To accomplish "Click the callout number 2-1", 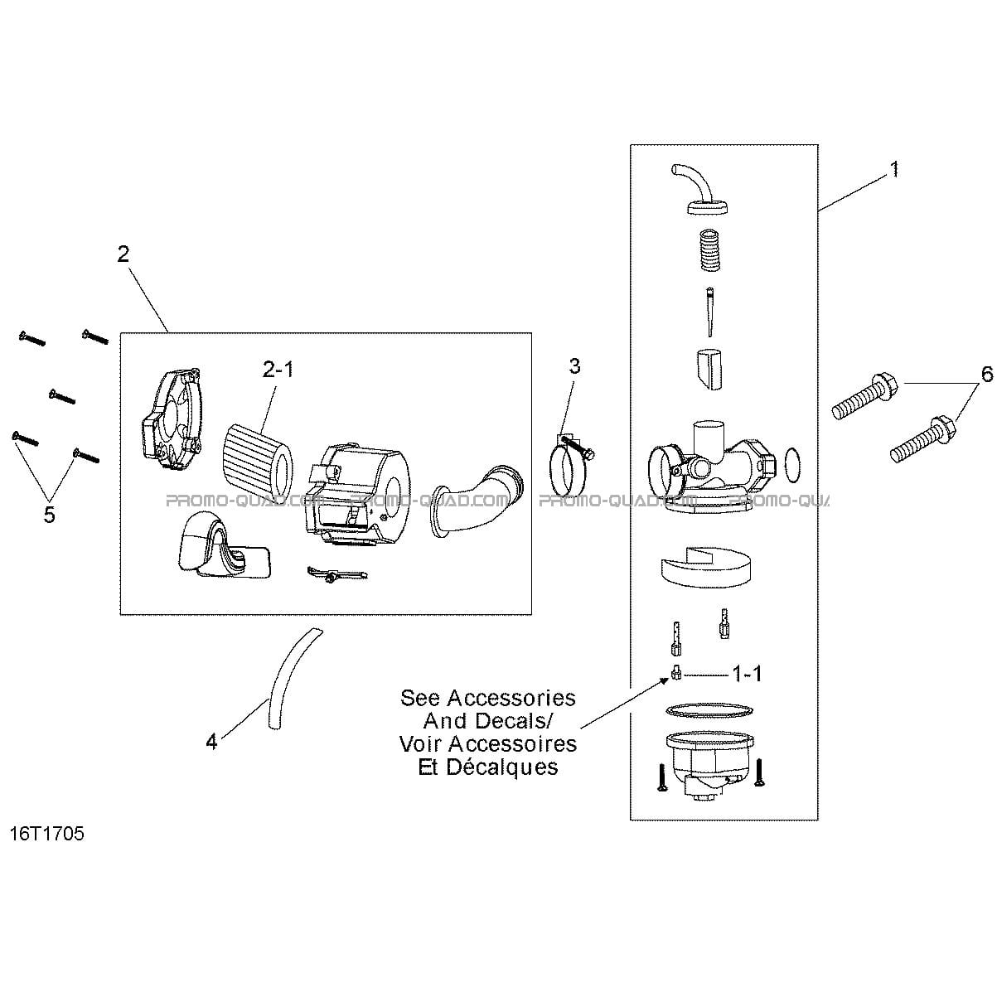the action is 278,370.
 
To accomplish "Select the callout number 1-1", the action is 747,674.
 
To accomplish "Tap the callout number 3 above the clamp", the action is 575,366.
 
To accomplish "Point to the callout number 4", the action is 211,743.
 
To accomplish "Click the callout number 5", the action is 49,515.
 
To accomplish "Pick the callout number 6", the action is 987,374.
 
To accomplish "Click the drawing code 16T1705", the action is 47,834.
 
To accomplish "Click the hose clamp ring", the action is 565,472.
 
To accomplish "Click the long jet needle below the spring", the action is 711,312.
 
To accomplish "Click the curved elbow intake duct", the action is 478,497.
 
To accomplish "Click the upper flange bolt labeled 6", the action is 865,396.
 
